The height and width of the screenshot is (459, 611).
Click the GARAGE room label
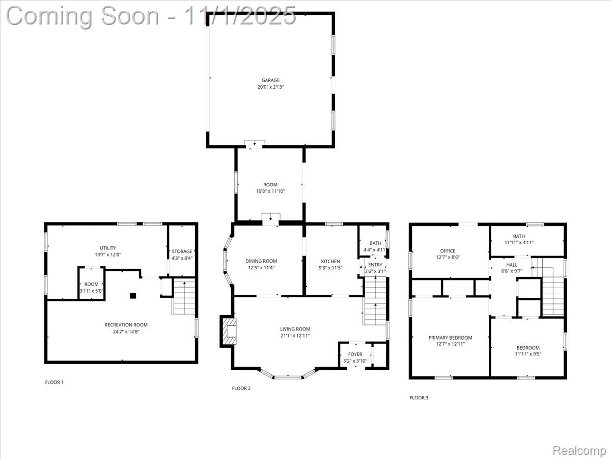click(270, 80)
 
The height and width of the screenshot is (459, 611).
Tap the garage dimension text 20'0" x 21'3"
click(270, 87)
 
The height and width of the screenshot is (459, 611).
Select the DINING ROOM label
click(261, 261)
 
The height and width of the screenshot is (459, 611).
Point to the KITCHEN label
click(330, 261)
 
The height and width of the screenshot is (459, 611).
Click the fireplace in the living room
click(228, 331)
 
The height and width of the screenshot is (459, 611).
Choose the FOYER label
click(355, 354)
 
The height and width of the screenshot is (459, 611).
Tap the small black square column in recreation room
click(133, 295)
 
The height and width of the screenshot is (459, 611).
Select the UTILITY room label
click(107, 248)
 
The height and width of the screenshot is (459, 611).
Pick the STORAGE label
click(182, 251)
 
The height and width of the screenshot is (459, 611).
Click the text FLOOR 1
click(54, 382)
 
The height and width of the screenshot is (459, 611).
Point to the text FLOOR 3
click(419, 397)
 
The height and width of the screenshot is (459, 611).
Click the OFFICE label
click(448, 251)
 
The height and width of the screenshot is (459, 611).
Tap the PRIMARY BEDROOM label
click(450, 338)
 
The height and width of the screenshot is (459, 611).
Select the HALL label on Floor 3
click(512, 265)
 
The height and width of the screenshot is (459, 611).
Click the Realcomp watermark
click(579, 450)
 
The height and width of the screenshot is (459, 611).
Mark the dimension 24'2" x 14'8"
click(126, 331)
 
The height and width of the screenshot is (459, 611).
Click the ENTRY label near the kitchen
click(375, 265)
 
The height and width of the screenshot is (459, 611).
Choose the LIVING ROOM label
click(295, 329)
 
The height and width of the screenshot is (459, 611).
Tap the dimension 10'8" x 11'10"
click(270, 191)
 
